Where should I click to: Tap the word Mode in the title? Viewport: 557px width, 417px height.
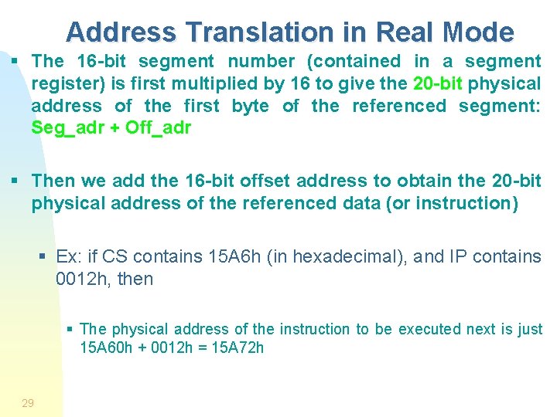[479, 32]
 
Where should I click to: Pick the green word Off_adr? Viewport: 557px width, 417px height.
[158, 128]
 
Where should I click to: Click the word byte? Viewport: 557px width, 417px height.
[251, 106]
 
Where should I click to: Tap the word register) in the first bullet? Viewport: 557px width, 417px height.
[65, 83]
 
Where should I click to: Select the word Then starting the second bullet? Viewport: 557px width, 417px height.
[53, 181]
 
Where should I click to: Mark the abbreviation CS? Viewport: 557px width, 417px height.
[116, 256]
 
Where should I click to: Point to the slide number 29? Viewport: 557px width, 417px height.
[28, 402]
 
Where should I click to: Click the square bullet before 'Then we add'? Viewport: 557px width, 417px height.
[15, 181]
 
